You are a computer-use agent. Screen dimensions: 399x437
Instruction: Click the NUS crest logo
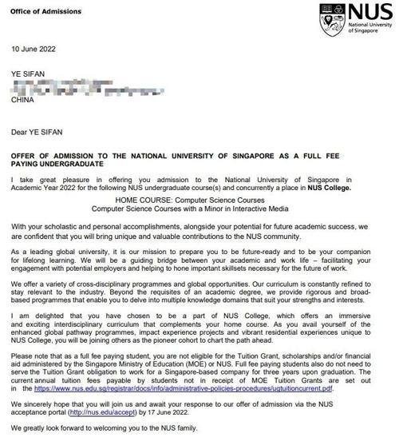(330, 18)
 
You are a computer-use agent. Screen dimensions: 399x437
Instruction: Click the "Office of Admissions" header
(41, 8)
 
